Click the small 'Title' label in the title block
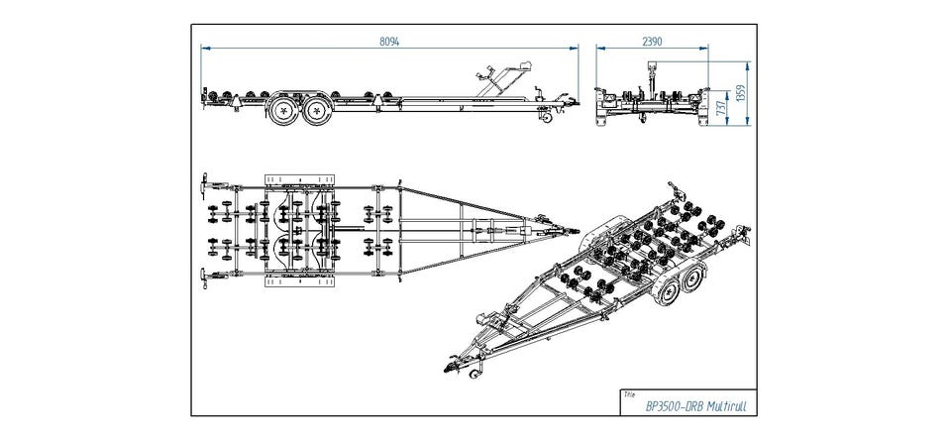(628, 393)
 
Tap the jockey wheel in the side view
(547, 117)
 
